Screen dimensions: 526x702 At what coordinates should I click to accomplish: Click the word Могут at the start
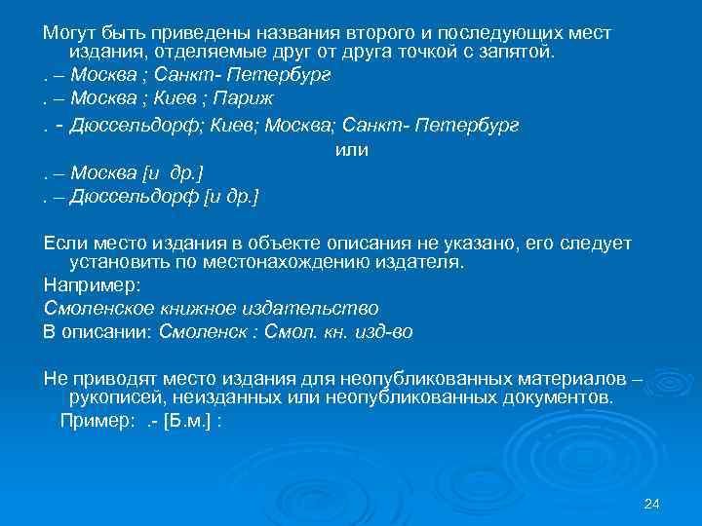pyautogui.click(x=70, y=33)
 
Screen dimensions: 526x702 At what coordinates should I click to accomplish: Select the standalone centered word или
pyautogui.click(x=351, y=150)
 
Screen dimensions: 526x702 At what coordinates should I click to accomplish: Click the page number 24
pyautogui.click(x=652, y=503)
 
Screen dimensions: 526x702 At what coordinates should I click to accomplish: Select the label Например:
pyautogui.click(x=92, y=285)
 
